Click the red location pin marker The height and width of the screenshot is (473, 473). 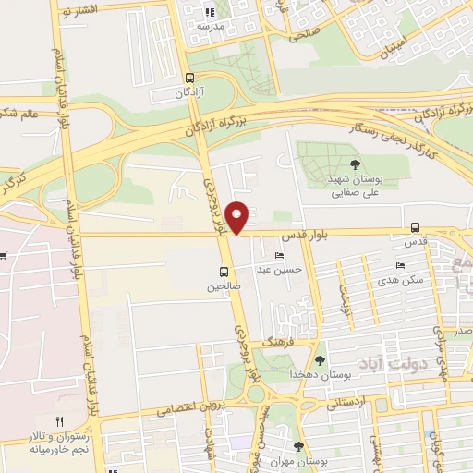(x=237, y=217)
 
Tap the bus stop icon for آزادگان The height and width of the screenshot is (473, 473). (x=189, y=79)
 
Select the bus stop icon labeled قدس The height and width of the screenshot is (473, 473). (x=415, y=227)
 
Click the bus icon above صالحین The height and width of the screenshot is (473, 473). (x=224, y=273)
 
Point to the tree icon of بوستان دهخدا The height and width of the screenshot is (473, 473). (x=321, y=360)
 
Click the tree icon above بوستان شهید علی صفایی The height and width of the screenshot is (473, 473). (x=355, y=164)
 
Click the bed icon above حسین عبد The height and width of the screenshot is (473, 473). (x=279, y=255)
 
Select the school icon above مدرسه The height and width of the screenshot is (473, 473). (x=209, y=12)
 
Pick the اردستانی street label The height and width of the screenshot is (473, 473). (x=348, y=403)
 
